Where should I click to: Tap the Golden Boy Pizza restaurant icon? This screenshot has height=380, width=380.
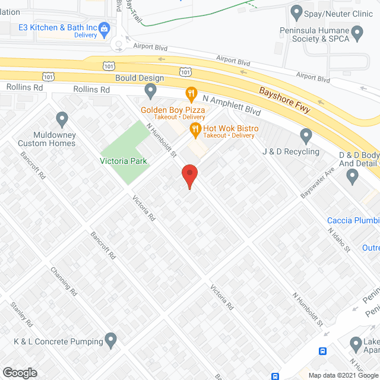click(191, 93)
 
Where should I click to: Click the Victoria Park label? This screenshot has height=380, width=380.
click(123, 161)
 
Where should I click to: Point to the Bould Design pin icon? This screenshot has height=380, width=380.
click(150, 91)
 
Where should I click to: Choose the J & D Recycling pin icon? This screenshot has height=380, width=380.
click(306, 136)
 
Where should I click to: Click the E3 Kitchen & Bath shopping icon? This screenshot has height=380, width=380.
click(104, 28)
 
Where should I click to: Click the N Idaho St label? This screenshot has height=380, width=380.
click(339, 239)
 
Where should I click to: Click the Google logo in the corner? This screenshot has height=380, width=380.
click(20, 372)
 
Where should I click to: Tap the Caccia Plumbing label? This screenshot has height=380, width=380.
click(353, 221)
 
